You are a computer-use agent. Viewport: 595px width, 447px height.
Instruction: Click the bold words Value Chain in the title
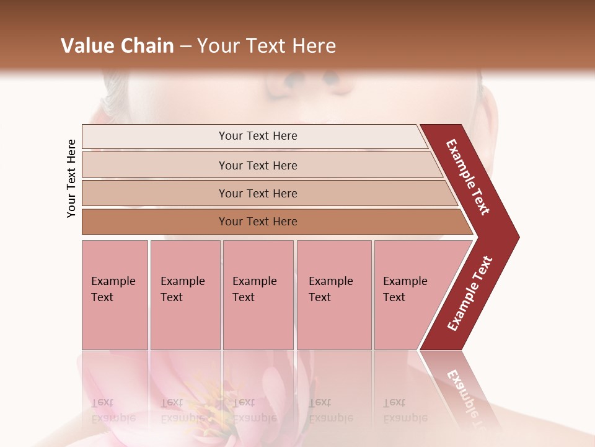click(x=117, y=46)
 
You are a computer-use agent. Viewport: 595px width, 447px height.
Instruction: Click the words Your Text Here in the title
click(x=267, y=46)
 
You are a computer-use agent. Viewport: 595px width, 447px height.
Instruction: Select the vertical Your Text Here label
click(x=72, y=178)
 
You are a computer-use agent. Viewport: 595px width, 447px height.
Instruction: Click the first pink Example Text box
click(x=115, y=295)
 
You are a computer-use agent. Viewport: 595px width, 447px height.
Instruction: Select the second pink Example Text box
click(x=185, y=295)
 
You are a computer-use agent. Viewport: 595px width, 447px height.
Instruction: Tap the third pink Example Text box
click(x=258, y=295)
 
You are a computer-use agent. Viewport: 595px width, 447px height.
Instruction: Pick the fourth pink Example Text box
click(x=334, y=295)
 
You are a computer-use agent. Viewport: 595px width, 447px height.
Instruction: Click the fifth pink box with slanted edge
click(x=409, y=295)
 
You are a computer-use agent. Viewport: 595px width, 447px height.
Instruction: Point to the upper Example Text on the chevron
click(x=468, y=177)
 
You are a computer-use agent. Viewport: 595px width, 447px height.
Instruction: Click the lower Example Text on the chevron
click(x=470, y=293)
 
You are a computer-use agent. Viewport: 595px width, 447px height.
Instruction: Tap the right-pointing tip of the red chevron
click(x=516, y=237)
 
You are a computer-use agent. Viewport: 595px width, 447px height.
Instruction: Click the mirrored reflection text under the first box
click(x=113, y=411)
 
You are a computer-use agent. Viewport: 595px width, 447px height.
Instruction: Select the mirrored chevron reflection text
click(x=468, y=397)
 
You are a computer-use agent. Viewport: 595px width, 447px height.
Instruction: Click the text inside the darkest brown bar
click(x=258, y=222)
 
